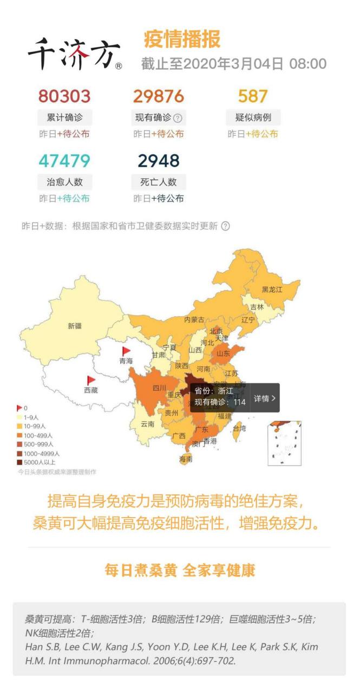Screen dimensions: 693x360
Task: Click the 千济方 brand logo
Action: (x=74, y=54)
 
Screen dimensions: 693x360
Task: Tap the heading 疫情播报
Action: (x=182, y=40)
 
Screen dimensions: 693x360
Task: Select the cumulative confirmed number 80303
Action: (x=64, y=96)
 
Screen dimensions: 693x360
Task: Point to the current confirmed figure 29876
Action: (x=159, y=96)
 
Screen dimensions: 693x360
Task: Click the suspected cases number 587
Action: (x=253, y=96)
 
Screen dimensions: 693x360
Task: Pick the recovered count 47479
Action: (x=64, y=161)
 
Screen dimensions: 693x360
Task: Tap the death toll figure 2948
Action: (x=159, y=161)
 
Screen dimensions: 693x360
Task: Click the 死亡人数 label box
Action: (x=159, y=182)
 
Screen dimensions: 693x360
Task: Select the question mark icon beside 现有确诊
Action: (x=178, y=118)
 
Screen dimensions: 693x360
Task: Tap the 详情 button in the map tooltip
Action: (x=265, y=398)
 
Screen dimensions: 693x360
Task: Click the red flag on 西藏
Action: (x=91, y=381)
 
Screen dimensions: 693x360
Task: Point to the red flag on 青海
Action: (x=126, y=351)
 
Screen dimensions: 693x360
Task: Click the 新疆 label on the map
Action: (x=75, y=326)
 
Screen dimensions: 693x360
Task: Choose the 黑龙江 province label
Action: (x=272, y=290)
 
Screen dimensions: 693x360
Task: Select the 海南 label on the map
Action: (x=186, y=459)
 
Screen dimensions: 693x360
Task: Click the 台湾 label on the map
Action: (x=239, y=428)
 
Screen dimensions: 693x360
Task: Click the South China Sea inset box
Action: (x=284, y=443)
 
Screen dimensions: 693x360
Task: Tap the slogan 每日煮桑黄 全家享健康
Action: (x=180, y=570)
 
